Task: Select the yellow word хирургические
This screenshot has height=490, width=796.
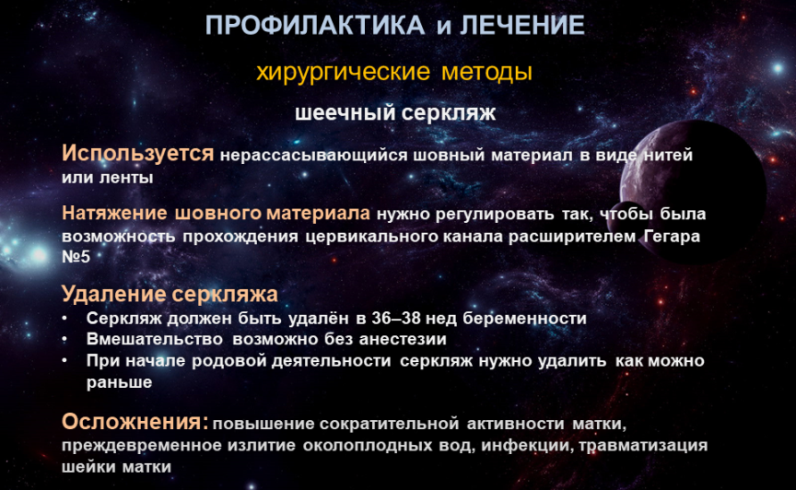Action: (343, 72)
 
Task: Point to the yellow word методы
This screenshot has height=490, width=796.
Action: (486, 72)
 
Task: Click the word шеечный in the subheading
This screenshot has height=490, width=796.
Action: (343, 112)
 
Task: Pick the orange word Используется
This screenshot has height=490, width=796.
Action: (137, 153)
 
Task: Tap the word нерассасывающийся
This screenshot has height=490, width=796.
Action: (313, 156)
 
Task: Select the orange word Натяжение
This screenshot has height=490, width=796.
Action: (114, 214)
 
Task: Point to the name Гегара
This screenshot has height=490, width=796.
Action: (672, 236)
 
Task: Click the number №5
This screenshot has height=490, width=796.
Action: (76, 256)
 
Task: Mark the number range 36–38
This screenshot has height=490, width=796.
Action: (396, 319)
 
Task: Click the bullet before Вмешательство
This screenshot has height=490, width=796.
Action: (65, 339)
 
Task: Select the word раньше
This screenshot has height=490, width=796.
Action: (119, 382)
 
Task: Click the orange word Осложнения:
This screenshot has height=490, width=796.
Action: (135, 422)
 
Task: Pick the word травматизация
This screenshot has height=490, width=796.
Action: (643, 445)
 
